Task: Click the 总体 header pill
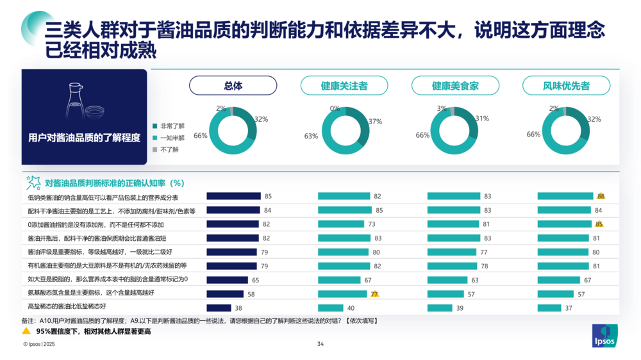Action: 233,86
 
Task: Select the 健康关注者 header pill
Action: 344,86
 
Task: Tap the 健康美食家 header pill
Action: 455,86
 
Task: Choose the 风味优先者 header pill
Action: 566,86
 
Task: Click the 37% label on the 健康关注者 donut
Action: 375,122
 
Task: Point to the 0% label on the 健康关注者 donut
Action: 335,108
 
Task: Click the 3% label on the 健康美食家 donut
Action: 442,108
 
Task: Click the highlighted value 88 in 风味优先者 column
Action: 601,196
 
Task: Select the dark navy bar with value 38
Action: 219,307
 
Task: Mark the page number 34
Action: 320,344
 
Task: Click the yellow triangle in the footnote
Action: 26,331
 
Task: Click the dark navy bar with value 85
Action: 234,196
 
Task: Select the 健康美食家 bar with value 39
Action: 439,307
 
